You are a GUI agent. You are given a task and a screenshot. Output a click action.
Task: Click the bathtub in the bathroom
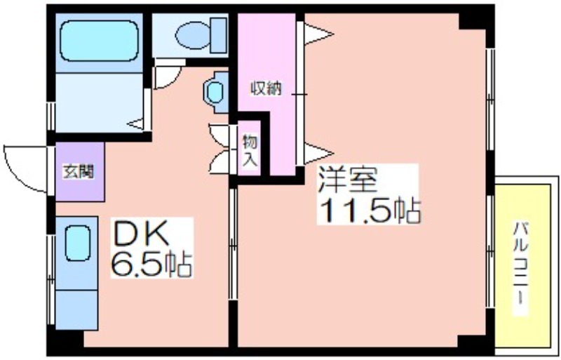pyautogui.click(x=99, y=41)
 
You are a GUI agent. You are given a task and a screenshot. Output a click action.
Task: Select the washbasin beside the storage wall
pyautogui.click(x=215, y=93)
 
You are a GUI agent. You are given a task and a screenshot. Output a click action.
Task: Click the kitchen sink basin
pyautogui.click(x=77, y=243)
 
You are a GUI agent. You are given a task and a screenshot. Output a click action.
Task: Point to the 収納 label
pyautogui.click(x=266, y=88)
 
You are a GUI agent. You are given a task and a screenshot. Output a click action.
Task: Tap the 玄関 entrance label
pyautogui.click(x=78, y=172)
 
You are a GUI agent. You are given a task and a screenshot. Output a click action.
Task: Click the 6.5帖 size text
pyautogui.click(x=151, y=265)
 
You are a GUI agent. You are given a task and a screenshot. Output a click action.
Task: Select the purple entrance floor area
pyautogui.click(x=80, y=172)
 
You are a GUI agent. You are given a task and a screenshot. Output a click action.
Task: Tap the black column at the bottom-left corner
pyautogui.click(x=65, y=342)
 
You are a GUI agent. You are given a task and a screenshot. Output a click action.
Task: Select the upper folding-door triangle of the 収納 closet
pyautogui.click(x=318, y=34)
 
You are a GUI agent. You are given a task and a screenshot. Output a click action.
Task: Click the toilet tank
pyautogui.click(x=218, y=36)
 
